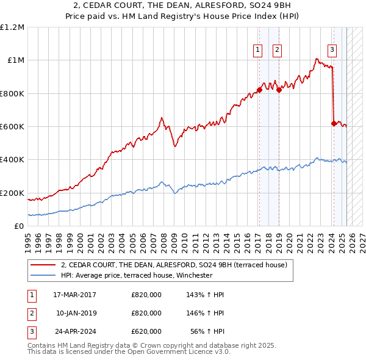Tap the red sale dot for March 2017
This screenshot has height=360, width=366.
pos(259,90)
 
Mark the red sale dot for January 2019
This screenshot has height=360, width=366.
pos(279,90)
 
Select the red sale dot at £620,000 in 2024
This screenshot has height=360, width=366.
pos(333,123)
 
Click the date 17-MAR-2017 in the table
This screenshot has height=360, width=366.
pos(75,295)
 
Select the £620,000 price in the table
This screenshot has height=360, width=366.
pos(146,331)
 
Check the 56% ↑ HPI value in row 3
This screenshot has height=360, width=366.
pos(209,331)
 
